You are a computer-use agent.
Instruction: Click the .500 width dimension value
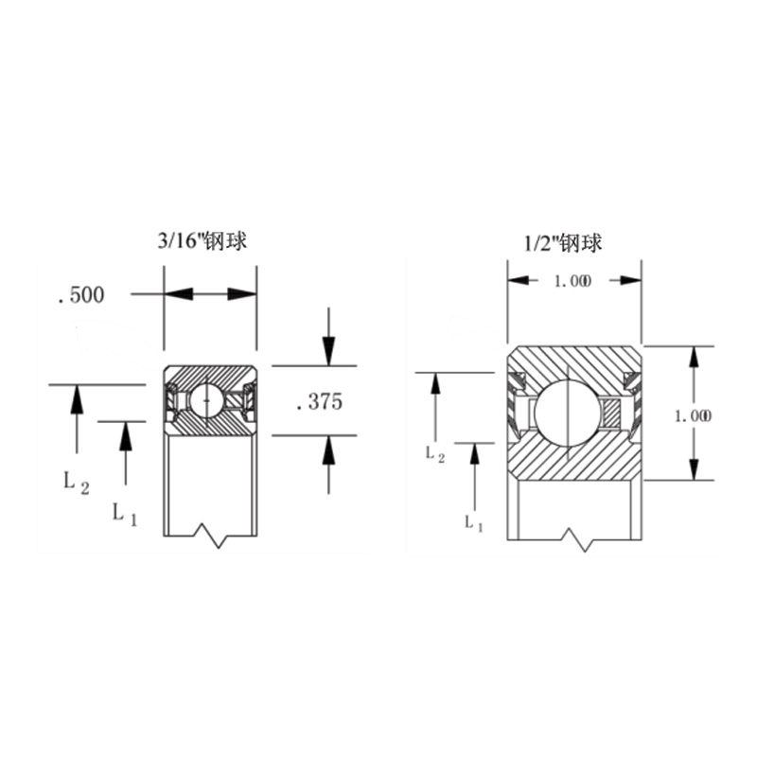click(x=81, y=295)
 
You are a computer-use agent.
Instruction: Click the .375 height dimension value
click(x=320, y=401)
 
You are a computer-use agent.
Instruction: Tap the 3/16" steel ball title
click(x=202, y=241)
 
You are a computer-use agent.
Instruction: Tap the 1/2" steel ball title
click(x=563, y=243)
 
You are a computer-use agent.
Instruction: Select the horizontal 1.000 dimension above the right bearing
click(x=572, y=281)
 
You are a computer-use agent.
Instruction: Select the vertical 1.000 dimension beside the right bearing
click(x=693, y=415)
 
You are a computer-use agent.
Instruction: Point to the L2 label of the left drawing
click(x=77, y=483)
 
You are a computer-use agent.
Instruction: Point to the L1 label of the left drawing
click(x=125, y=514)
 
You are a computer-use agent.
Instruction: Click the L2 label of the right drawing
click(x=434, y=454)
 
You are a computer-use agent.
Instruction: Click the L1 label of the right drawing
click(x=474, y=523)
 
